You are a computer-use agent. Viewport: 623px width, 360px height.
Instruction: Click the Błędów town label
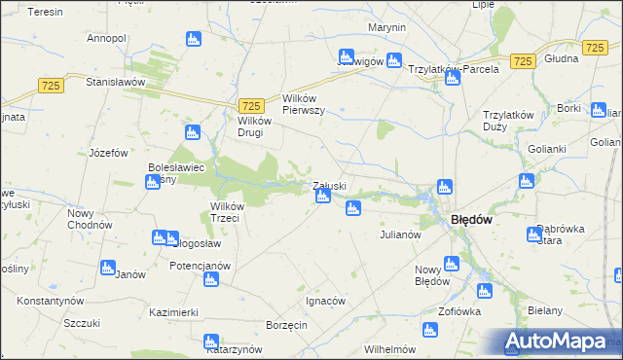(x=470, y=220)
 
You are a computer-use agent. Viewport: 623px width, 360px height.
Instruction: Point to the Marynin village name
(x=386, y=28)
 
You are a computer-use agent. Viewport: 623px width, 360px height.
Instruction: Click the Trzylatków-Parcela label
(x=453, y=69)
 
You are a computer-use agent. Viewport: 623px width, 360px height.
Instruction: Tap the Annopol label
(x=107, y=38)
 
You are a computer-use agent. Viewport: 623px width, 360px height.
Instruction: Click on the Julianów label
(x=399, y=234)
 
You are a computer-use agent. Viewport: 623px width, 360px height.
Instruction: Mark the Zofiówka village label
(x=460, y=312)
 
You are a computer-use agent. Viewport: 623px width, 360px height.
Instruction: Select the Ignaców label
(x=326, y=301)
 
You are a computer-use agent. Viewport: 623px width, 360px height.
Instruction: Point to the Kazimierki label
(x=174, y=312)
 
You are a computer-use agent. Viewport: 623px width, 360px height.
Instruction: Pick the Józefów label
(x=109, y=153)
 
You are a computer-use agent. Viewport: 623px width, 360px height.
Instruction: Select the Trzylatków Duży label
(x=509, y=120)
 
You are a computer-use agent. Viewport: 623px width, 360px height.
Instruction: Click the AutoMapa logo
(x=559, y=342)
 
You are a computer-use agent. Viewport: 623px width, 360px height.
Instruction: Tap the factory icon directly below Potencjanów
(x=211, y=281)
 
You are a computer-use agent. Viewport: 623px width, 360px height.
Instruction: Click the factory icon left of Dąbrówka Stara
(x=532, y=234)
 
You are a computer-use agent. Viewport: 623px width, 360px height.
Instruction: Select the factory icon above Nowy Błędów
(x=451, y=263)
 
